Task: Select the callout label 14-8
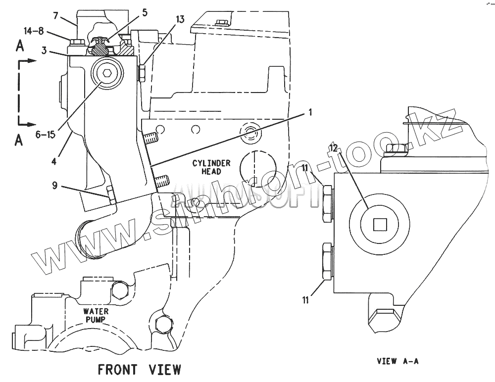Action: [x=34, y=31]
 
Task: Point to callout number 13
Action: [x=180, y=20]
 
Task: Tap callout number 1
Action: [x=310, y=113]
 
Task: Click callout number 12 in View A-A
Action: [x=334, y=148]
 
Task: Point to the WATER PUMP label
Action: [x=96, y=315]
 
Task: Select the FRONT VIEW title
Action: [x=139, y=369]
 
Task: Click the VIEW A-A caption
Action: [x=397, y=361]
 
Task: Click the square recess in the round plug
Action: [x=380, y=225]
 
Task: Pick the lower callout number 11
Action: [x=306, y=299]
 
